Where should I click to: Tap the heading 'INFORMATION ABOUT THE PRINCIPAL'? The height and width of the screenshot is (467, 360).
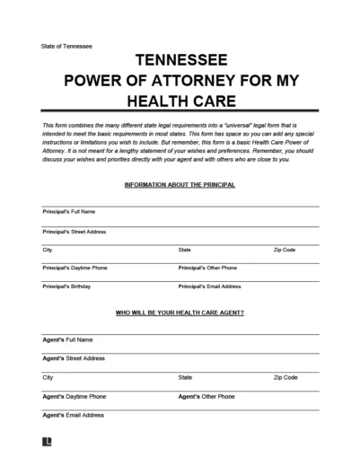point(180,184)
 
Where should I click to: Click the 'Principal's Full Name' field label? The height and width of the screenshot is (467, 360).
point(69,212)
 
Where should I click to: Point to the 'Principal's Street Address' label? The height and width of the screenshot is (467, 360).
point(75,231)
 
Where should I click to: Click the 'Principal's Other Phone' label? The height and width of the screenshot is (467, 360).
point(207,268)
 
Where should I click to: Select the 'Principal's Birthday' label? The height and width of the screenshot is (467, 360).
point(67,286)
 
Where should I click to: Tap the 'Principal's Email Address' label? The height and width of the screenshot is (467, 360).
point(210,286)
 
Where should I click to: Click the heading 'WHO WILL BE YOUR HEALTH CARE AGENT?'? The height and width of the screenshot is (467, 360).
point(180,313)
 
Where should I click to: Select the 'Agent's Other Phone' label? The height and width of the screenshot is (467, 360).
point(206,396)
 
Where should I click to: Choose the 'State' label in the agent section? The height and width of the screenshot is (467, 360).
point(186,377)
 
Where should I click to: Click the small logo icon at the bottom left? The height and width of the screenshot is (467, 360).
point(47,442)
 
